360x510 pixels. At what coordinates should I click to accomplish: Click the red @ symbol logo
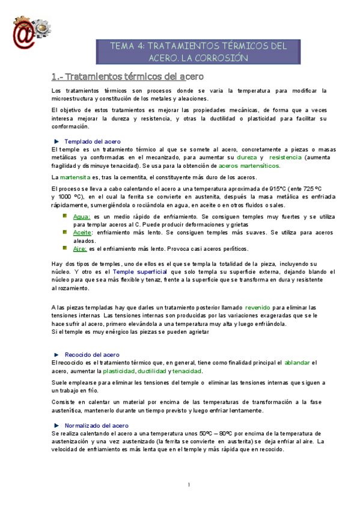[x=22, y=28]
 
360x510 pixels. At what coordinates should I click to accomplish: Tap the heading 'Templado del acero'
[x=88, y=141]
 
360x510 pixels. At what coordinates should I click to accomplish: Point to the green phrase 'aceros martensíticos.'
[x=249, y=165]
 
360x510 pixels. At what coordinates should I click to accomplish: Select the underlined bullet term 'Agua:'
[x=81, y=216]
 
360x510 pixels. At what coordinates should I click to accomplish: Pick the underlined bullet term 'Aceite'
[x=82, y=232]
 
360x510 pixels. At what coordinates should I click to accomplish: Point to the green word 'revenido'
[x=258, y=307]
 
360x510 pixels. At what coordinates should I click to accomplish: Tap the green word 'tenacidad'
[x=188, y=371]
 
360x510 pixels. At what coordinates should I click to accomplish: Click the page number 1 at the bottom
[x=189, y=485]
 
